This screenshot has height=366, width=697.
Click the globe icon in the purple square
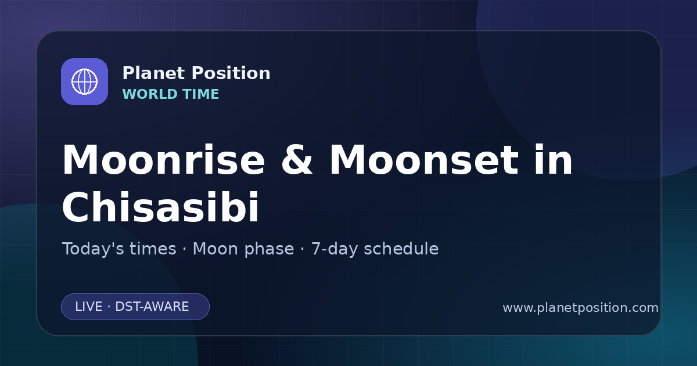coord(84,81)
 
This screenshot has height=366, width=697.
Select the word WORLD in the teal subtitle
coord(149,94)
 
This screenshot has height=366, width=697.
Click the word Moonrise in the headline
coord(164,160)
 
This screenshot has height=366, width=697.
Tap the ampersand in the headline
coord(297,160)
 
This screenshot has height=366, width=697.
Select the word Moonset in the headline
coord(424,160)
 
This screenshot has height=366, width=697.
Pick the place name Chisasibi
coord(160,206)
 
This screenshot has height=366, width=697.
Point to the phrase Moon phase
coord(243,249)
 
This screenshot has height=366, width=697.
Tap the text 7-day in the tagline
coord(335,249)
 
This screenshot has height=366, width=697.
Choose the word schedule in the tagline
coord(401,249)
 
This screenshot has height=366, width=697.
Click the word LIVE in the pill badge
coord(89,307)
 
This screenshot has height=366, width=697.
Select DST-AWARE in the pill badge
coord(152,307)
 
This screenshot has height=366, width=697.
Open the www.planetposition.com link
coord(581,308)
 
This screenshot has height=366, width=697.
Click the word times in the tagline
coord(153,249)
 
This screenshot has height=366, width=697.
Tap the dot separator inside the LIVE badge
coord(109,307)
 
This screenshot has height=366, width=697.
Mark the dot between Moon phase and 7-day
coord(303,249)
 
